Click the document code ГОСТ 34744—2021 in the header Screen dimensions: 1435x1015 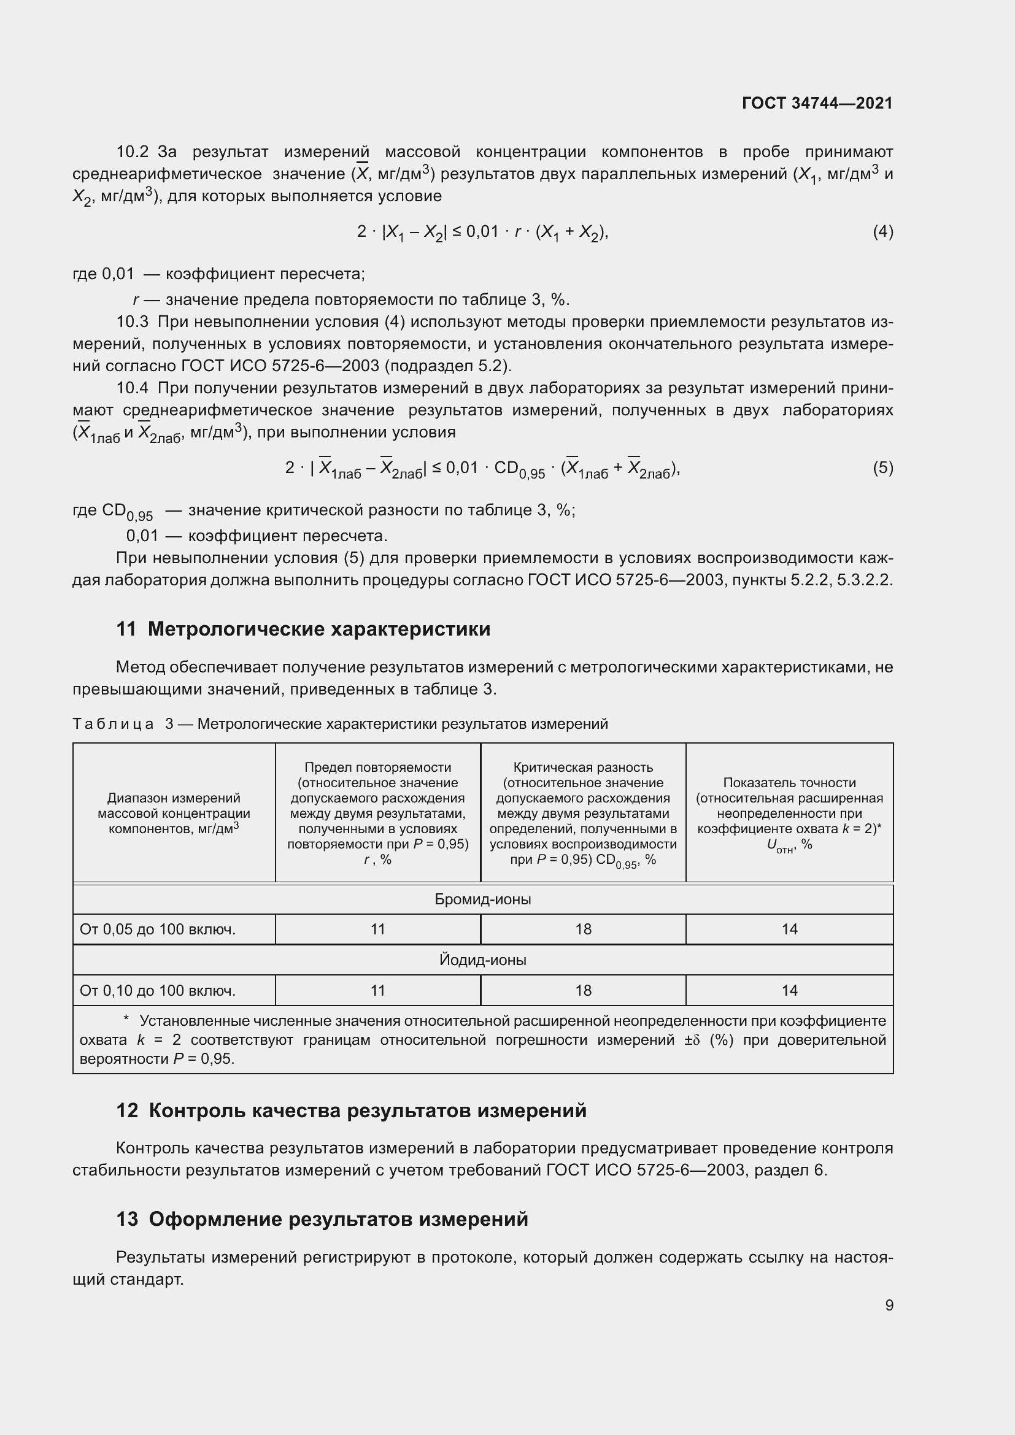coord(817,103)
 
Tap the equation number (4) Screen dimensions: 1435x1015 coord(882,232)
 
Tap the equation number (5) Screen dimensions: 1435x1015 coord(882,467)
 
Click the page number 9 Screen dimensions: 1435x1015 coord(889,1305)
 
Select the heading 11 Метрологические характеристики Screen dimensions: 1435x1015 coord(303,629)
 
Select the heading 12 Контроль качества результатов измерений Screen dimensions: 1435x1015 coord(351,1110)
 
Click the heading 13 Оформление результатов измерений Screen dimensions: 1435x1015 coord(322,1219)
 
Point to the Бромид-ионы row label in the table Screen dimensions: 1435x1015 coord(482,899)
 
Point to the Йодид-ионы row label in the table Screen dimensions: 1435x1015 coord(482,960)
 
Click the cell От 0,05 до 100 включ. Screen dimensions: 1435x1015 coord(158,929)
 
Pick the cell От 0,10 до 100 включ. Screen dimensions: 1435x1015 coord(158,991)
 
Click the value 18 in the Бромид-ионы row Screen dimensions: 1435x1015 coord(583,929)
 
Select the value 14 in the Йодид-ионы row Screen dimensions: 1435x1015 coord(789,991)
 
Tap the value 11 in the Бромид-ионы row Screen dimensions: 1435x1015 coord(378,929)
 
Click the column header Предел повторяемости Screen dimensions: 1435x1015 coord(378,768)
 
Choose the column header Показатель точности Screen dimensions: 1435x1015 coord(789,782)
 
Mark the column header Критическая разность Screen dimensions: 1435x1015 coord(583,768)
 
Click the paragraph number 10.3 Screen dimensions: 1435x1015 coord(132,322)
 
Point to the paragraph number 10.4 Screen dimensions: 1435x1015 coord(132,388)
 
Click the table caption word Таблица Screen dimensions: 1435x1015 coord(113,724)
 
